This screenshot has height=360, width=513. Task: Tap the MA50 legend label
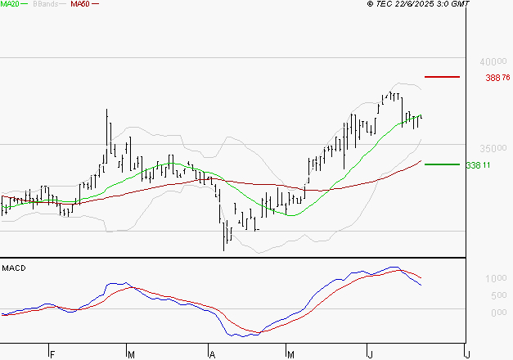pyautogui.click(x=80, y=4)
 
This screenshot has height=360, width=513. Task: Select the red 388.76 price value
pyautogui.click(x=497, y=78)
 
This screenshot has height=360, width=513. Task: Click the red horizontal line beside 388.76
pyautogui.click(x=443, y=77)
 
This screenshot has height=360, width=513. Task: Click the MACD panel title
pyautogui.click(x=13, y=268)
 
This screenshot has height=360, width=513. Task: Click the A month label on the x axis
pyautogui.click(x=211, y=354)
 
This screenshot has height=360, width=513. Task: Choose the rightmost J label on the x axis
pyautogui.click(x=466, y=354)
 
